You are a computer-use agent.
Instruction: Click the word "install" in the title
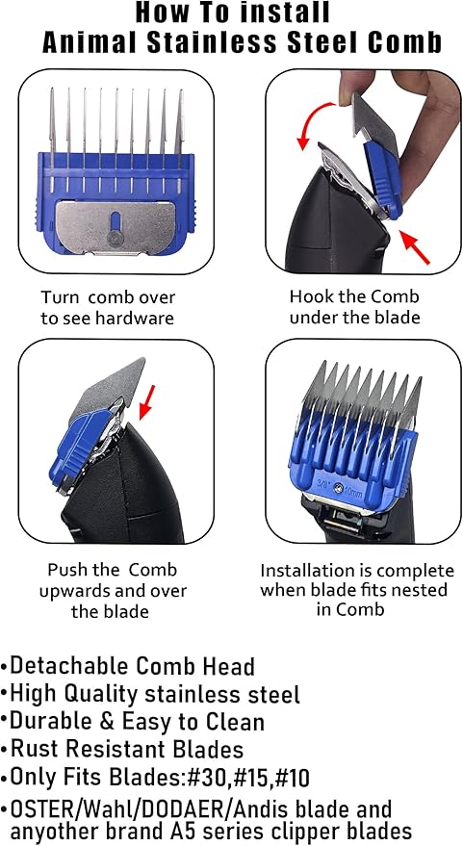point(289,13)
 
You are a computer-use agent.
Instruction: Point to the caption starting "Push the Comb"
point(113,590)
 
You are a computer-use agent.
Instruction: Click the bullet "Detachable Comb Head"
point(131,665)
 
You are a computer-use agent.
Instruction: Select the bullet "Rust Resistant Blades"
point(126,748)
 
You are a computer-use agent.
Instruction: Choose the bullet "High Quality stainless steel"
point(154,693)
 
